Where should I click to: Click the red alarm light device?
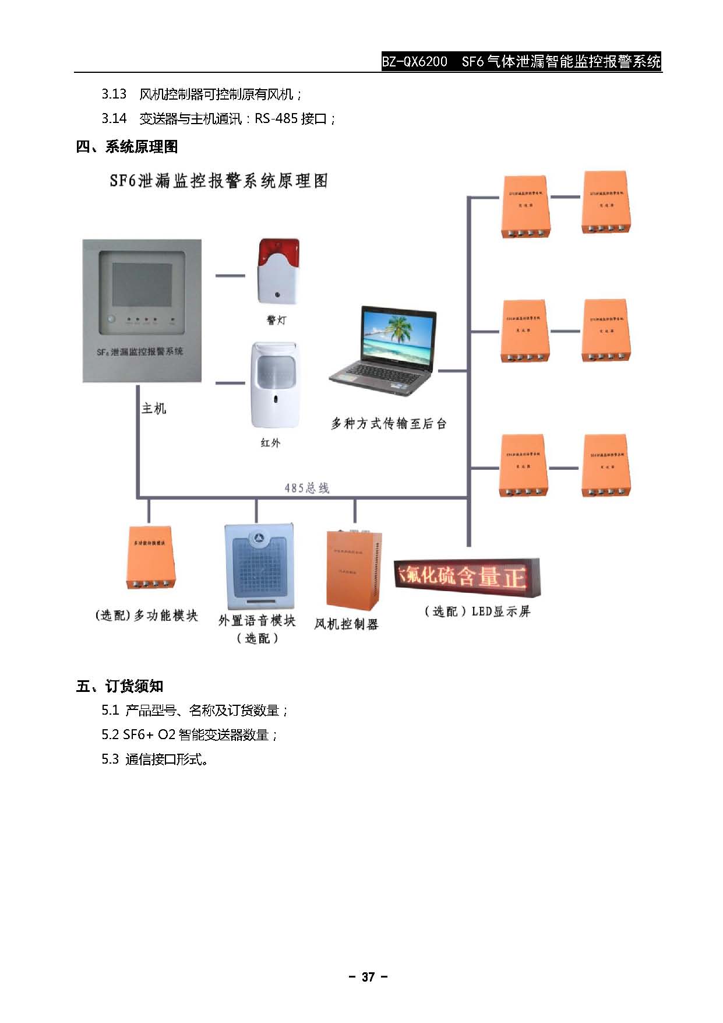[278, 271]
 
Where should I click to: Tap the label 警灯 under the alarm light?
[276, 320]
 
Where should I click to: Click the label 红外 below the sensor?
[270, 443]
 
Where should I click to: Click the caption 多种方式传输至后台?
[389, 424]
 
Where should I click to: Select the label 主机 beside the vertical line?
[154, 409]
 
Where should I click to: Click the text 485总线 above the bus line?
[306, 488]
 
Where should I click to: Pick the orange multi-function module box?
[150, 558]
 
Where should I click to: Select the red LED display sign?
[467, 575]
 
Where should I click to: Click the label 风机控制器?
[346, 624]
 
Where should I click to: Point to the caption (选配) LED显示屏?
[477, 611]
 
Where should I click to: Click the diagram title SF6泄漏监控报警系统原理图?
[218, 181]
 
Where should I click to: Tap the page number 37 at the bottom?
[368, 978]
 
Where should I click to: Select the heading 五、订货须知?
[119, 686]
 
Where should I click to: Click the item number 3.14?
[114, 119]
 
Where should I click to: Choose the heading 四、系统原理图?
[126, 147]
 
